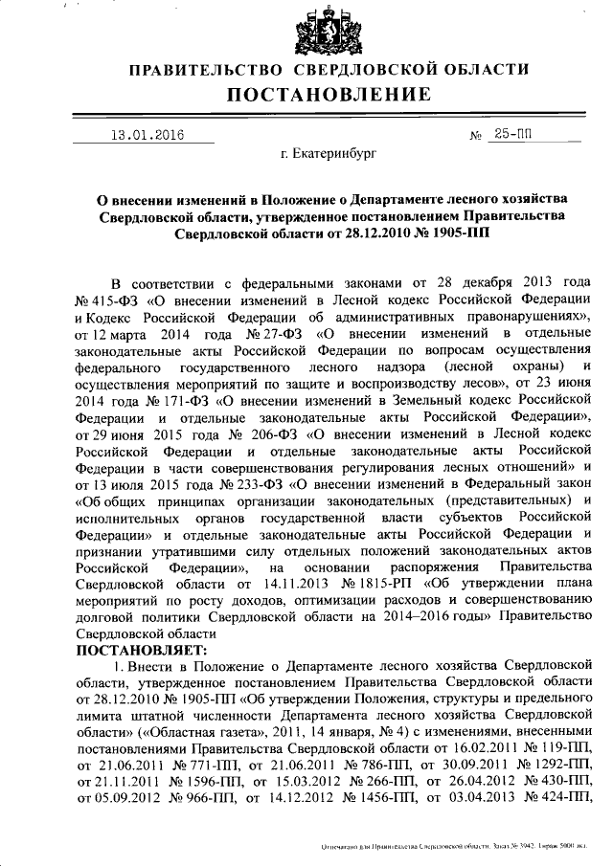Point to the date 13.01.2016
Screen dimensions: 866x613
[147, 135]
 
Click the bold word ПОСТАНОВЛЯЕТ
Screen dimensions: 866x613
[142, 647]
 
